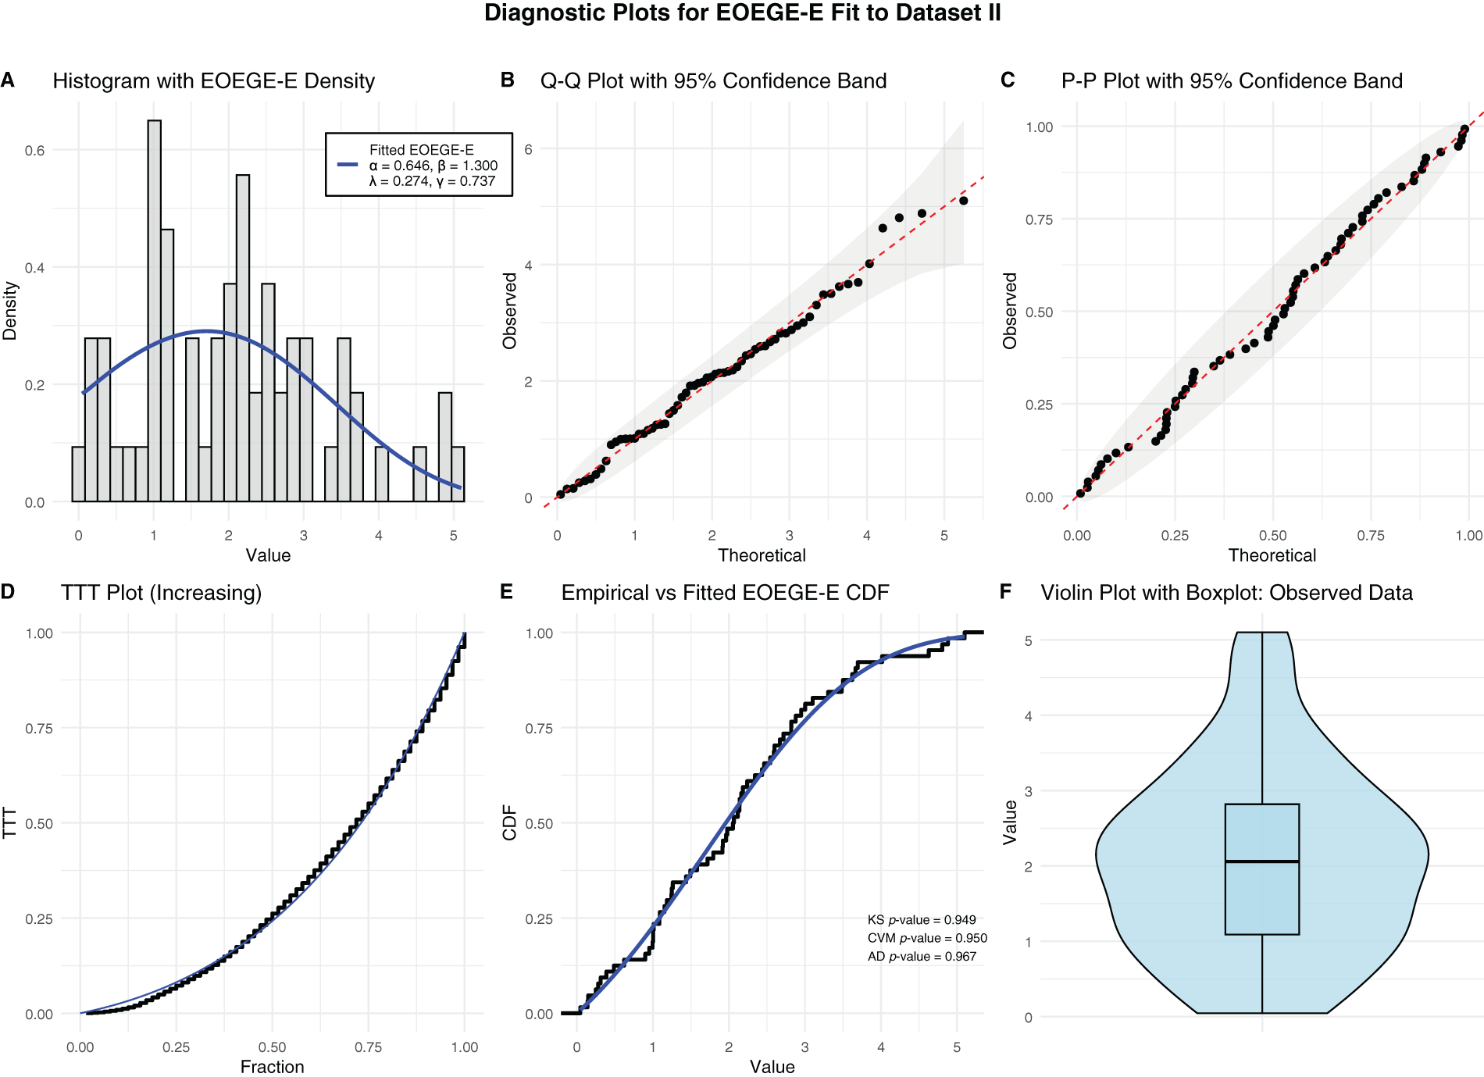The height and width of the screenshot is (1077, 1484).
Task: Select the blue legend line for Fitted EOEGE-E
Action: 348,165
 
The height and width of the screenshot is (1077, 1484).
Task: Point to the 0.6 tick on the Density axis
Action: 34,151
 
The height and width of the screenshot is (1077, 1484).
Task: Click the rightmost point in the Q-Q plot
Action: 963,201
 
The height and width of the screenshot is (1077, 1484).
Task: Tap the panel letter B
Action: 507,80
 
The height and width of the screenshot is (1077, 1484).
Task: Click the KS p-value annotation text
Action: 922,920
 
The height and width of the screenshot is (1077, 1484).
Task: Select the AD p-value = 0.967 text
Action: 922,957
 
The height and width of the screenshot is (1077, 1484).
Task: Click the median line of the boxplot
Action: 1261,861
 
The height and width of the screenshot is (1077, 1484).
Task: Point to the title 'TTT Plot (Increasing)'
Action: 161,593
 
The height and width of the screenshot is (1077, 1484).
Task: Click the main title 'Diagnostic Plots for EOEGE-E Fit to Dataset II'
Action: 742,13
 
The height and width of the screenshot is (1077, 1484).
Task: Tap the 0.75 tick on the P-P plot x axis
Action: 1370,536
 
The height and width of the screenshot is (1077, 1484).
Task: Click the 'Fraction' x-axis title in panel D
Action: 272,1067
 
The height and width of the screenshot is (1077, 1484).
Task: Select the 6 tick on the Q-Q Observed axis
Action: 529,149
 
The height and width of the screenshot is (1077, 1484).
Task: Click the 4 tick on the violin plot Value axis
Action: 1029,716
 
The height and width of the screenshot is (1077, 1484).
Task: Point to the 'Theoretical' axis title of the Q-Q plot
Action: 762,555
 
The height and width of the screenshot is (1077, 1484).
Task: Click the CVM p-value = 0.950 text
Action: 927,938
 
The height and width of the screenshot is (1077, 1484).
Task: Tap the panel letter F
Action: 1006,592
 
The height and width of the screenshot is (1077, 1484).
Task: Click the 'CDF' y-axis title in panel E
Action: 510,822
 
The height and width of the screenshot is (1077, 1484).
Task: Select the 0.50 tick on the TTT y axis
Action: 39,824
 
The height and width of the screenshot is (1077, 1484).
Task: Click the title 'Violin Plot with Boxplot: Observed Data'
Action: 1226,593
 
